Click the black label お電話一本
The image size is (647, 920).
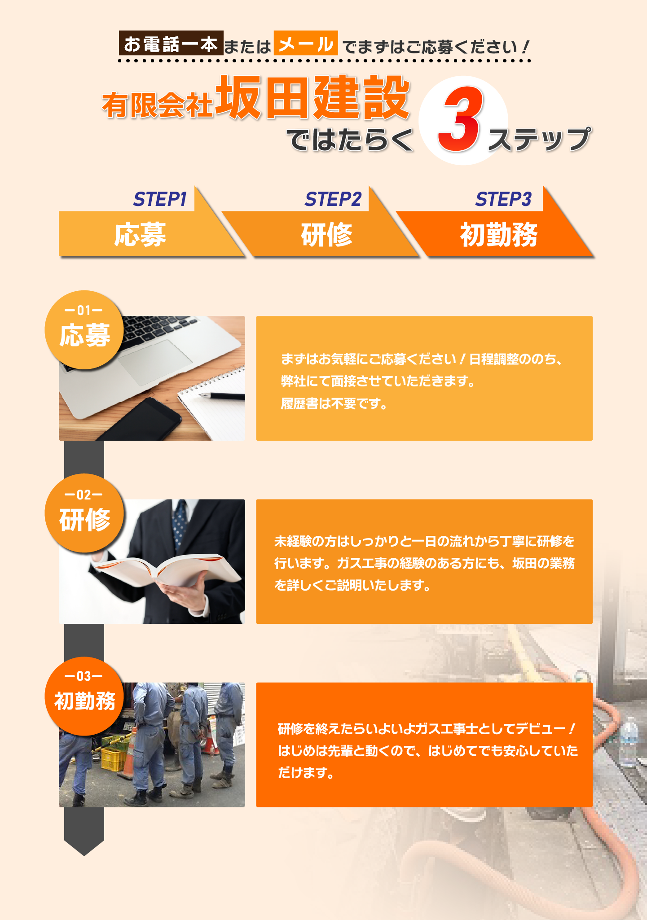pos(171,43)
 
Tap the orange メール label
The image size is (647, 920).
pos(306,43)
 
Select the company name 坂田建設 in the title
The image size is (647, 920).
pos(312,97)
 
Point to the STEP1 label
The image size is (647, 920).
pos(160,199)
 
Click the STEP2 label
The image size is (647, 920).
pos(333,199)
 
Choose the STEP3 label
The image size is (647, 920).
pos(503,199)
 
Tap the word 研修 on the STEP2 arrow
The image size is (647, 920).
pos(327,234)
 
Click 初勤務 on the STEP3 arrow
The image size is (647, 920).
pos(499,234)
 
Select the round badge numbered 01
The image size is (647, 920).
pos(84,330)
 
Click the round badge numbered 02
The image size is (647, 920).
pos(84,513)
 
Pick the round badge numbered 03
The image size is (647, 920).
pos(84,696)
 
